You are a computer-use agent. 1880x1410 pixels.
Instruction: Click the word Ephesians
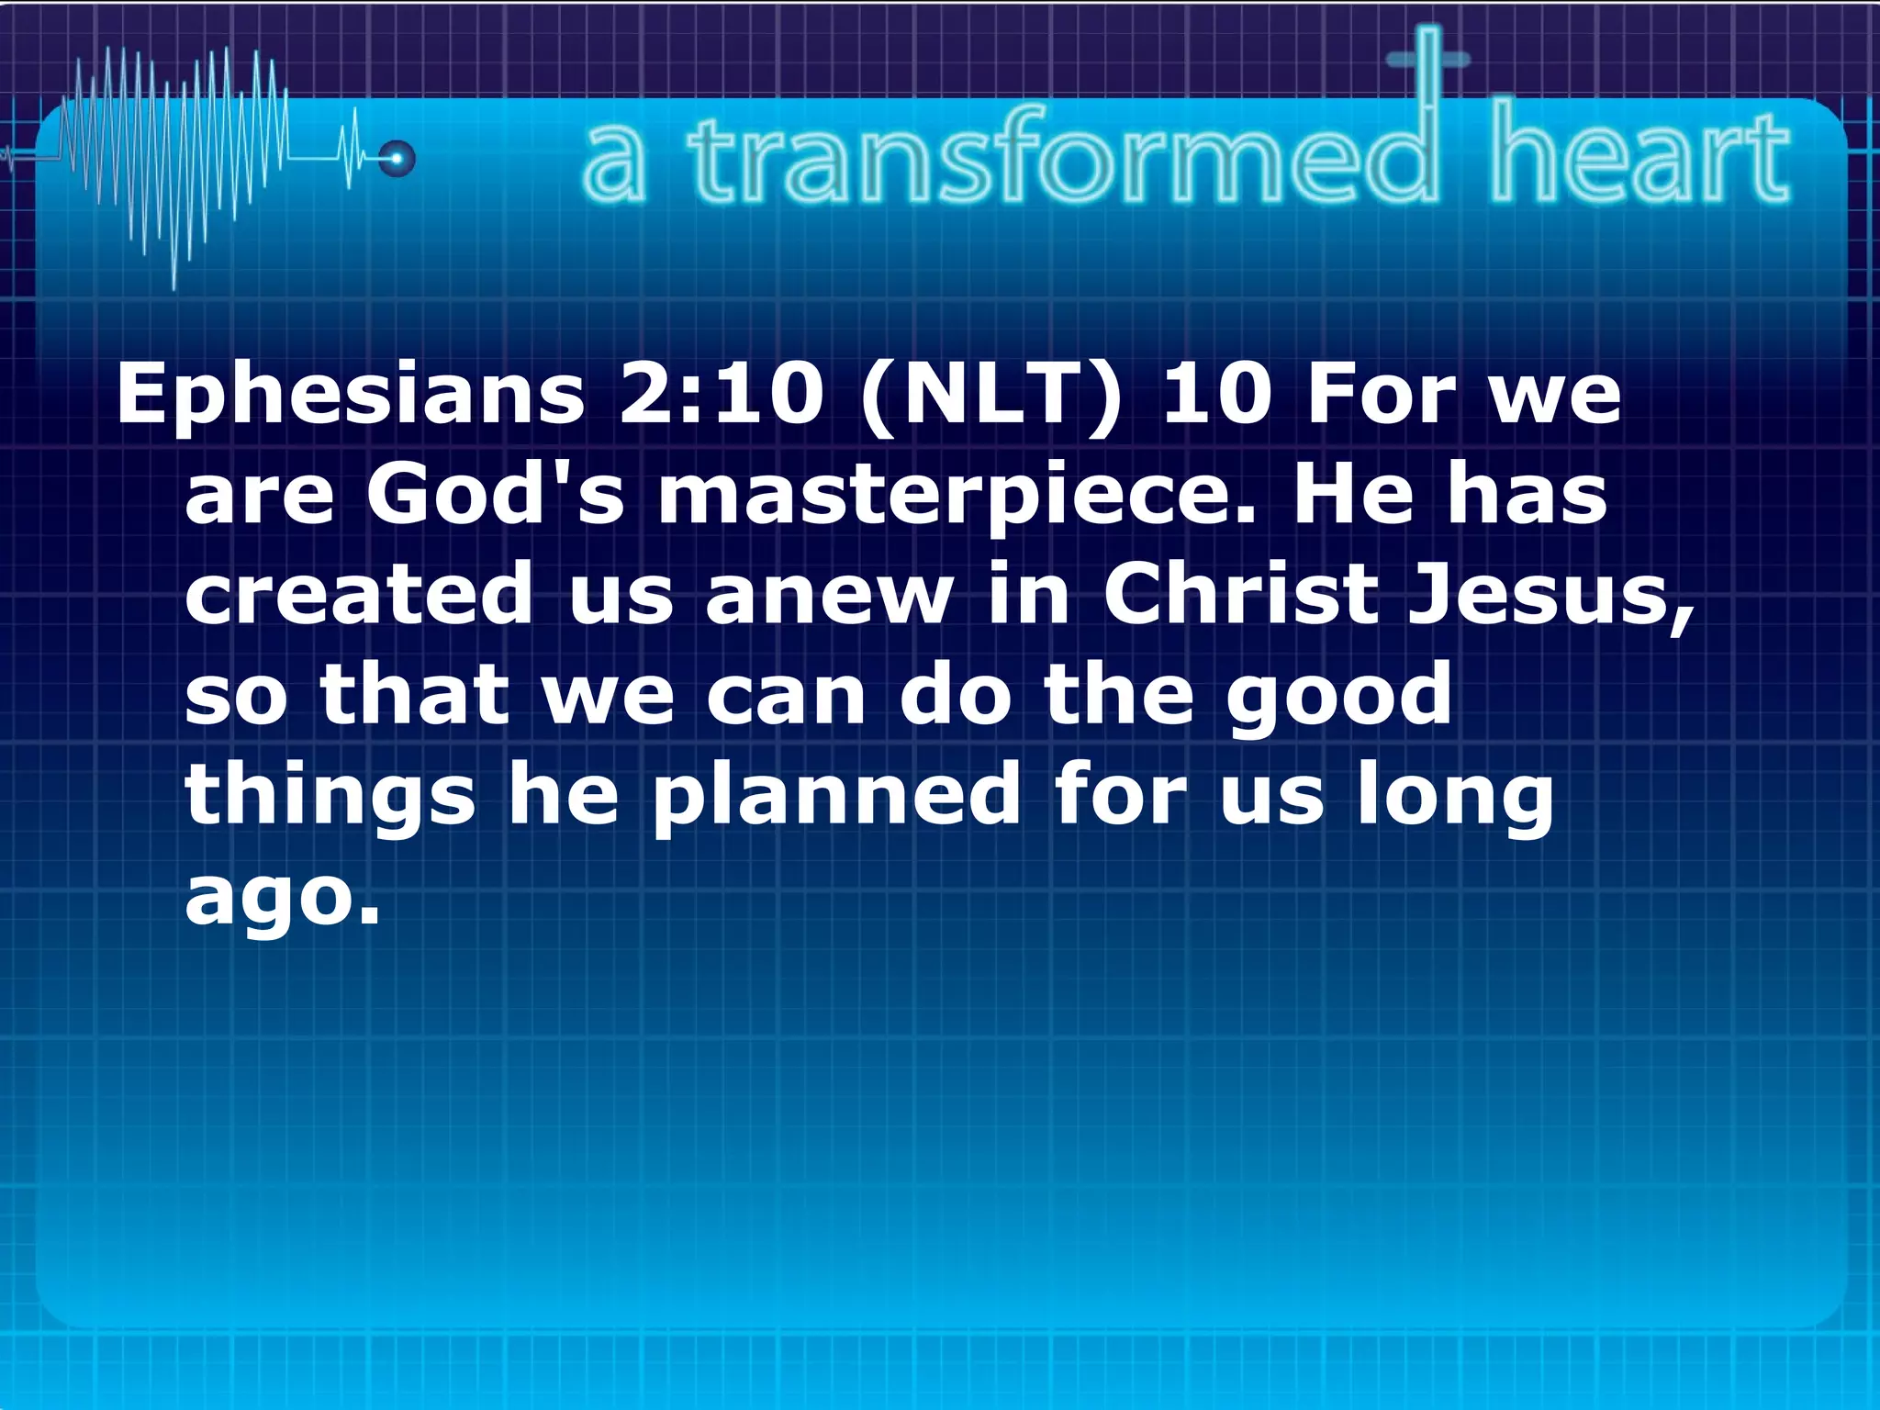click(x=350, y=397)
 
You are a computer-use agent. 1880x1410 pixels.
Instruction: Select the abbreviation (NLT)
click(x=991, y=397)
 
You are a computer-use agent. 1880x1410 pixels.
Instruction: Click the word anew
click(x=830, y=595)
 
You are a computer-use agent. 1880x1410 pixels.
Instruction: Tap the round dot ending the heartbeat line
click(x=397, y=159)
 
